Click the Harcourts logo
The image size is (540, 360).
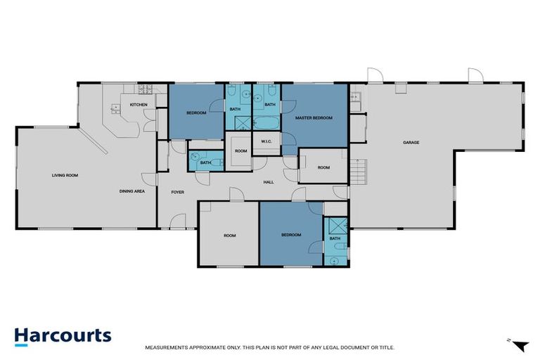pos(63,335)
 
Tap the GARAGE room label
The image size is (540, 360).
pos(411,143)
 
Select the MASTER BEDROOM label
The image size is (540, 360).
pos(314,117)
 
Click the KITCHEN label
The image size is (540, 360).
pos(138,105)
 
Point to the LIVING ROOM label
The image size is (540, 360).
pos(64,175)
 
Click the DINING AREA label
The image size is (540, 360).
pos(131,191)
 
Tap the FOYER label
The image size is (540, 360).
pos(177,191)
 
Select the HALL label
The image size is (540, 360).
pos(268,182)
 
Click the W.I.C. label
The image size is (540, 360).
pos(266,143)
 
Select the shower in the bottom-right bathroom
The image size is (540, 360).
pos(335,226)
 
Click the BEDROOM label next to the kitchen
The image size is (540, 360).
pos(196,113)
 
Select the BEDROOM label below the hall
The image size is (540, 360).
pos(291,234)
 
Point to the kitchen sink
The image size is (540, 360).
pos(115,108)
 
